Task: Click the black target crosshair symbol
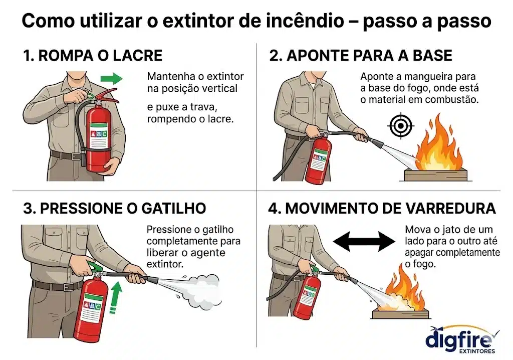point(401,126)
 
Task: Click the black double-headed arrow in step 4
point(364,241)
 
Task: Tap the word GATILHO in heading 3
point(173,209)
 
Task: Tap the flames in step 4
point(404,289)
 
